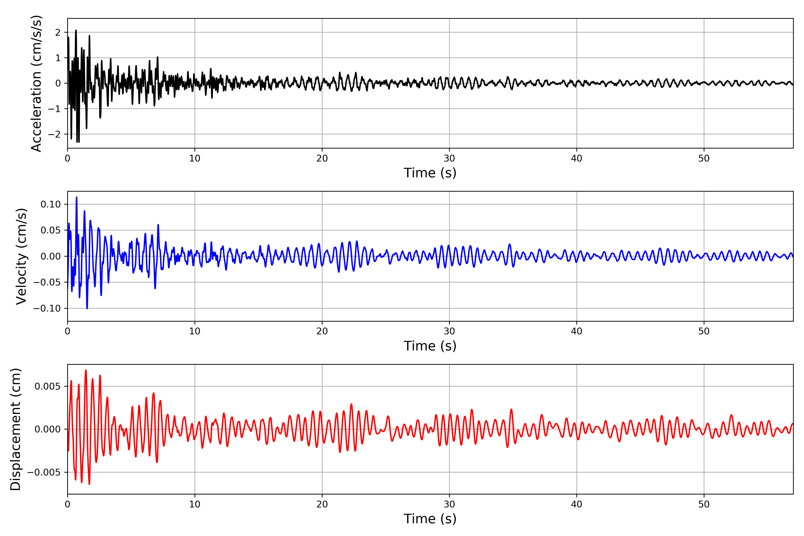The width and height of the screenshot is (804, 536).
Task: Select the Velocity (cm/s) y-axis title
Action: pyautogui.click(x=21, y=256)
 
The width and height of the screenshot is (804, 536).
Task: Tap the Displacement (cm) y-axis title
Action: pyautogui.click(x=16, y=429)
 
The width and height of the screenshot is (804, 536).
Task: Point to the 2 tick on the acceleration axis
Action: pyautogui.click(x=58, y=32)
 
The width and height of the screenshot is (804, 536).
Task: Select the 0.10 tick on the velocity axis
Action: pyautogui.click(x=51, y=204)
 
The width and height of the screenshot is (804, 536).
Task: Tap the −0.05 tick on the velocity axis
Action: pyautogui.click(x=47, y=282)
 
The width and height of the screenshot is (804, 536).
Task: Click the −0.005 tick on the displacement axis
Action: pyautogui.click(x=44, y=472)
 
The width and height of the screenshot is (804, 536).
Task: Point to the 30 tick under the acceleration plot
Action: pyautogui.click(x=449, y=159)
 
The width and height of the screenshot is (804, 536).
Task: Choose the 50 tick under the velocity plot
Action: pyautogui.click(x=704, y=331)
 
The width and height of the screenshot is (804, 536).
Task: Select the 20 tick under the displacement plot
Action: pyautogui.click(x=322, y=504)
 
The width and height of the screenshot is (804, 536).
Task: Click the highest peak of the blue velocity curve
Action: pyautogui.click(x=77, y=197)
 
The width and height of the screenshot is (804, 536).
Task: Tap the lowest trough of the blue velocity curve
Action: pyautogui.click(x=87, y=308)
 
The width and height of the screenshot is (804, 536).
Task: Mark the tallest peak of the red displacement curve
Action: pyautogui.click(x=86, y=370)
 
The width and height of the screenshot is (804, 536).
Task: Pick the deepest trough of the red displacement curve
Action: pyautogui.click(x=89, y=484)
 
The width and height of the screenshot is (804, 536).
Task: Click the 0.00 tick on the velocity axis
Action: pyautogui.click(x=51, y=256)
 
